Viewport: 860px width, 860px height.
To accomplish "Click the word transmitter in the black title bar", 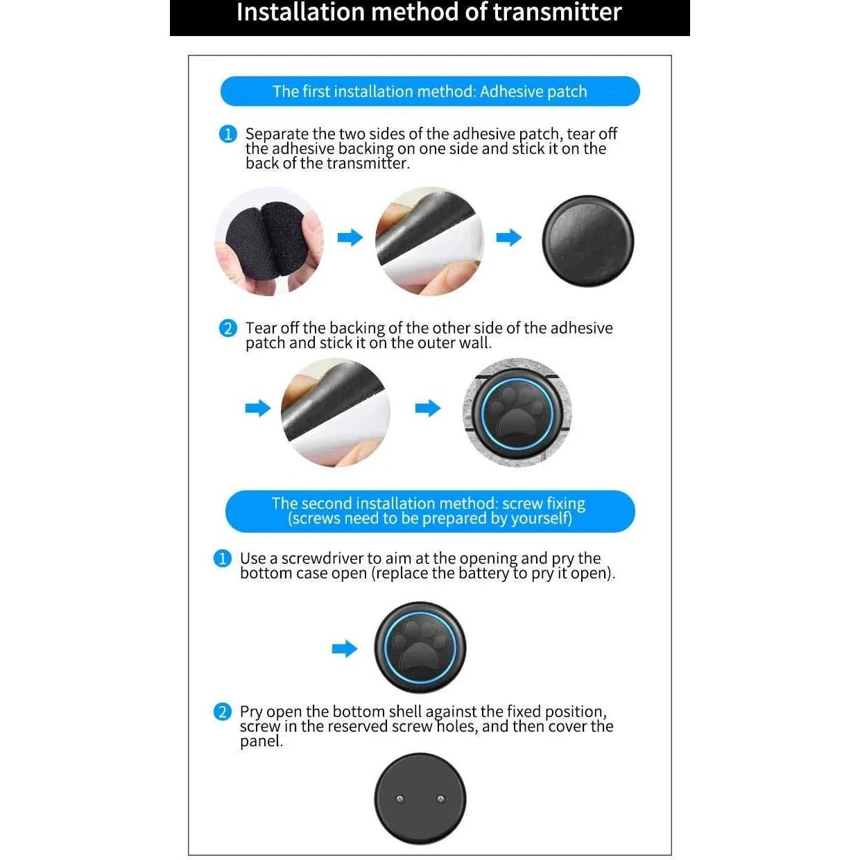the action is click(557, 12).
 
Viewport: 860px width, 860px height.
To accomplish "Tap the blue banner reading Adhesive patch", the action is click(430, 91).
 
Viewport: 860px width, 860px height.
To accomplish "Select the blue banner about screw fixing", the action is click(430, 511).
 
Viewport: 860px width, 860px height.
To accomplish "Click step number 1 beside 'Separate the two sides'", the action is click(228, 134).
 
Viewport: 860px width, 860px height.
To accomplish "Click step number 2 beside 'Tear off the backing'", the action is click(228, 329).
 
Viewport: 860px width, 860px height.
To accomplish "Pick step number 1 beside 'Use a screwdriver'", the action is click(223, 558).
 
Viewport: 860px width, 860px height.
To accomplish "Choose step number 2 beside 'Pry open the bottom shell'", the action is click(223, 712).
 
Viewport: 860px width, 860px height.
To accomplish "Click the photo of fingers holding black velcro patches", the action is click(269, 241).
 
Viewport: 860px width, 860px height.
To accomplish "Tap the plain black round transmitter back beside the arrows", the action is click(587, 241).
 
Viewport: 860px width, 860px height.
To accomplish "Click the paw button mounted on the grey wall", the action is click(517, 413).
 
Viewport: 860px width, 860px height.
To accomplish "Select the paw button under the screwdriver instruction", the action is click(420, 648).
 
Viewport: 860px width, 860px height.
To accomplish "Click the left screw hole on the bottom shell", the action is click(400, 799).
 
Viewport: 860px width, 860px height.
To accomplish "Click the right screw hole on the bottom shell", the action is click(440, 799).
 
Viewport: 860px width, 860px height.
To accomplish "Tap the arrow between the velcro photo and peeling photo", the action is click(350, 237).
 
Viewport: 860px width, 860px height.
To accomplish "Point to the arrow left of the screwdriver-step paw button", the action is click(345, 648).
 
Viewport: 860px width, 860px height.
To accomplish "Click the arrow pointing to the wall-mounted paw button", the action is click(428, 408).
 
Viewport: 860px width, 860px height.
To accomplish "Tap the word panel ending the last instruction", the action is click(261, 741).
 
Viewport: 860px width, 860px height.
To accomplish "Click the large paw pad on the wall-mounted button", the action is click(517, 424).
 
